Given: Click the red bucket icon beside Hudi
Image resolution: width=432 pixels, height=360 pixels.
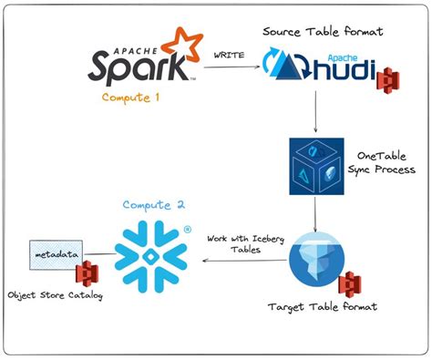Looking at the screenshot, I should (389, 77).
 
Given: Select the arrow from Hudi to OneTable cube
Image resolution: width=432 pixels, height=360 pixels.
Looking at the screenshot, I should (314, 114).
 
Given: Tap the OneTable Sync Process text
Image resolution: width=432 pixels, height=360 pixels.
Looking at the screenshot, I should (383, 162).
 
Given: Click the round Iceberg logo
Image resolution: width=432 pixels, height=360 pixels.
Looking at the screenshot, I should (315, 260).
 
